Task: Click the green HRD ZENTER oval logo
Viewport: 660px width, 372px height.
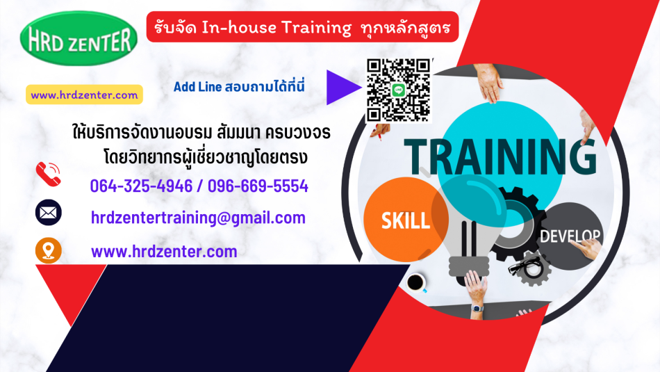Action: [x=79, y=38]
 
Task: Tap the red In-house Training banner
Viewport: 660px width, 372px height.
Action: [x=302, y=27]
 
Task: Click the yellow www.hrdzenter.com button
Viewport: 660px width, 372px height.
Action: [x=84, y=95]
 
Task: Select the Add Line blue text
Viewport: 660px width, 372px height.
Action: [x=239, y=86]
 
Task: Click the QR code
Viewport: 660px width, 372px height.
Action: [x=398, y=90]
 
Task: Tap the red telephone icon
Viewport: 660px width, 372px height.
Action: [x=49, y=174]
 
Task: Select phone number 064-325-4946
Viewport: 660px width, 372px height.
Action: [x=141, y=186]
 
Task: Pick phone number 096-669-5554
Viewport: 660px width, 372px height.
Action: [x=258, y=186]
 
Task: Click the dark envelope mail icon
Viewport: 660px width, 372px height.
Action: [x=49, y=212]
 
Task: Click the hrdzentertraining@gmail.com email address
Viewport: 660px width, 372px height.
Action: [x=198, y=218]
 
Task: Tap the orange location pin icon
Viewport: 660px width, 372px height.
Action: [x=49, y=251]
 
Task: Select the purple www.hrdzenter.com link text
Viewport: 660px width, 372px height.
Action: [x=164, y=252]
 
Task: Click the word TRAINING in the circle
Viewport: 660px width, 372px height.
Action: [x=500, y=156]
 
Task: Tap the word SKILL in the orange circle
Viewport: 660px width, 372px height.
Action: [x=405, y=220]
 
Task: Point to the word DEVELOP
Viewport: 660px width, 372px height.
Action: [x=570, y=236]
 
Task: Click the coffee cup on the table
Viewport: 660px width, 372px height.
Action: [x=416, y=283]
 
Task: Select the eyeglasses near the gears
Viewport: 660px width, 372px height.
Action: [x=525, y=266]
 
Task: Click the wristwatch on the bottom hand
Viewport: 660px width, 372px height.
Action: [x=477, y=308]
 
